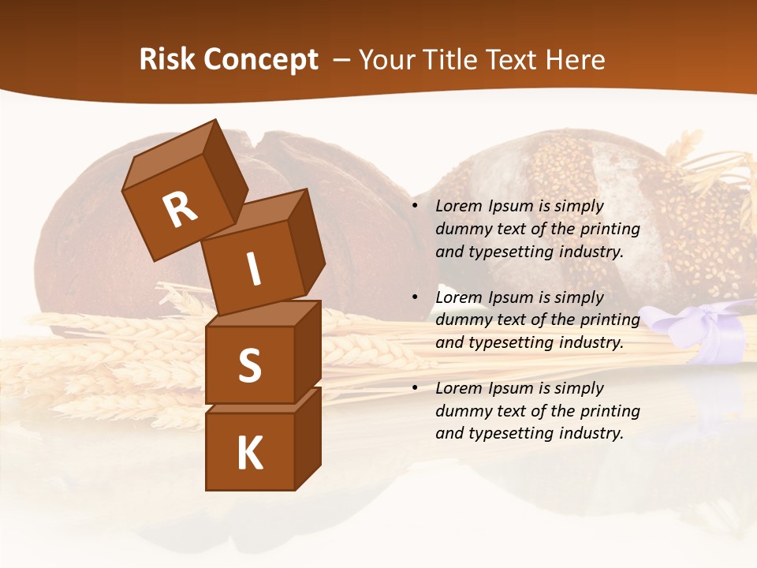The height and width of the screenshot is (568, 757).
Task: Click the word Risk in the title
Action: (x=167, y=60)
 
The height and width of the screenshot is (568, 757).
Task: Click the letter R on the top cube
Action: (x=181, y=210)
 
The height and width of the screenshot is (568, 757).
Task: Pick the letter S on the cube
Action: (x=249, y=365)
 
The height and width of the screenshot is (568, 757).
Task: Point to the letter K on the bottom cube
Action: (x=250, y=454)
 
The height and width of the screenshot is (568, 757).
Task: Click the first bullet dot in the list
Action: (x=415, y=207)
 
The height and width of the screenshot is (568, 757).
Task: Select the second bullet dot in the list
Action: (x=415, y=297)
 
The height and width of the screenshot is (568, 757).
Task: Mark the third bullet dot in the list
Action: (x=415, y=388)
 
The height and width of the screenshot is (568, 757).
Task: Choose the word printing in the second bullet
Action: (x=610, y=320)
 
